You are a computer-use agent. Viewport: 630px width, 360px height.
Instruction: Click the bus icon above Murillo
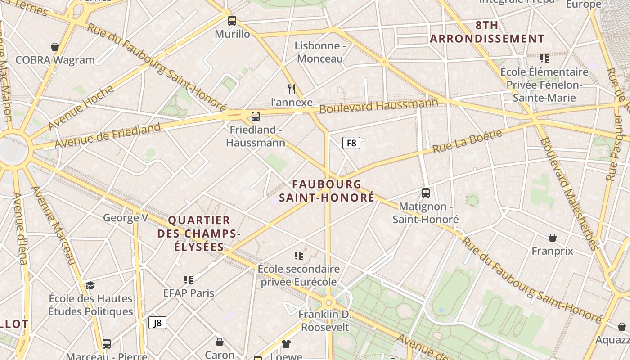(x=232, y=20)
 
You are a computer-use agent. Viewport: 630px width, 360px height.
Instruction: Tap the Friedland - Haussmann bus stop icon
(x=256, y=117)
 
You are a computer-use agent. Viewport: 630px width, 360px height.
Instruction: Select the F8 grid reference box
(x=351, y=143)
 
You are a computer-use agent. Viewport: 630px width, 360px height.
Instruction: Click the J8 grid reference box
(x=157, y=323)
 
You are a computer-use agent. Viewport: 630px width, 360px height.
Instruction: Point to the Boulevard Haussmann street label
(x=378, y=106)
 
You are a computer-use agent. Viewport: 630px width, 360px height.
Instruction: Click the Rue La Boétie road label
(x=467, y=141)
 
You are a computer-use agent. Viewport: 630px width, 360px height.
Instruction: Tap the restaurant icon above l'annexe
(x=292, y=89)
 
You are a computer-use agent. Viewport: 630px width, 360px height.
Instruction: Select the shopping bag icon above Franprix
(x=553, y=237)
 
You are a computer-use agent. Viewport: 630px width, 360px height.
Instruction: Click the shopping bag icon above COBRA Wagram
(x=55, y=47)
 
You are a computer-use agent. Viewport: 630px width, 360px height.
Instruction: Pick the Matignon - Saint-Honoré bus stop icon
(x=426, y=193)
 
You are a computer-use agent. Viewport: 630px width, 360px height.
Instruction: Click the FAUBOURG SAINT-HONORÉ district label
(x=327, y=191)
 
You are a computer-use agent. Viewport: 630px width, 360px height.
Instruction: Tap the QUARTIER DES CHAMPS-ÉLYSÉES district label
(x=198, y=234)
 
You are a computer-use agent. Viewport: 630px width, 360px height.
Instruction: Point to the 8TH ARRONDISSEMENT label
(x=487, y=32)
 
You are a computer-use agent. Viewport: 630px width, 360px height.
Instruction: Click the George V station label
(x=126, y=218)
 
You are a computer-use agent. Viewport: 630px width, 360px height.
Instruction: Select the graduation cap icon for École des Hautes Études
(x=90, y=285)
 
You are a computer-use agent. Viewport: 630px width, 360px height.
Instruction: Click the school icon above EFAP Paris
(x=189, y=279)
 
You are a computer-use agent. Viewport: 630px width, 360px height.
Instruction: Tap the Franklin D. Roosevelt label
(x=325, y=320)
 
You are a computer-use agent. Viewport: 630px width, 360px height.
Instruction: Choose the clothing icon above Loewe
(x=286, y=344)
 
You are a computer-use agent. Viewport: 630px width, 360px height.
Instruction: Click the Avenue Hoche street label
(x=81, y=107)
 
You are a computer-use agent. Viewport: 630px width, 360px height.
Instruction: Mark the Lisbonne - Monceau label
(x=320, y=52)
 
